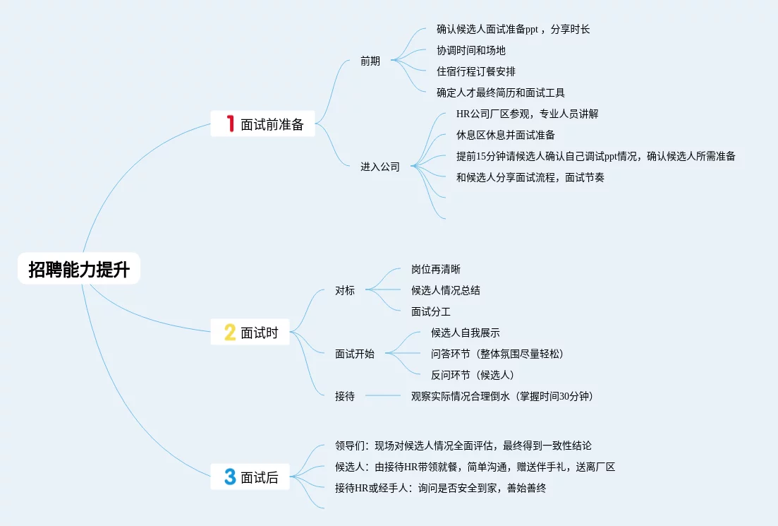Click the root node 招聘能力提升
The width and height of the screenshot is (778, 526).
[x=79, y=269]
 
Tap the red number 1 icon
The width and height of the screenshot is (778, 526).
[x=230, y=124]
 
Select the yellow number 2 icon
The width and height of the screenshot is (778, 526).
[x=230, y=333]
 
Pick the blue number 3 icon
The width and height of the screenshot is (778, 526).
[x=230, y=477]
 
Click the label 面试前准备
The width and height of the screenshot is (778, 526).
[x=272, y=125]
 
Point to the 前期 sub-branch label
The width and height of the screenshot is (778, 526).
[x=370, y=61]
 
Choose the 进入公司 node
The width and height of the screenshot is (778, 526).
[x=380, y=167]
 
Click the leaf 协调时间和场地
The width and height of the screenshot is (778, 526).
[x=471, y=50]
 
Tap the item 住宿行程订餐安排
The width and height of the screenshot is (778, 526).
[x=476, y=71]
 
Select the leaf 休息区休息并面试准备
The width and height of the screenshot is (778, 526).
[x=506, y=135]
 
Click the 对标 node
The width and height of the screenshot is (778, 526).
[x=345, y=290]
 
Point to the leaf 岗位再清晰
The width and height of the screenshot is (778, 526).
[x=436, y=269]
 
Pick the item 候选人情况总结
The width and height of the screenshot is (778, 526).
[x=446, y=290]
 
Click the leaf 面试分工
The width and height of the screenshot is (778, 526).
[x=431, y=311]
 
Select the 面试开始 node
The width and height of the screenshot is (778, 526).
[x=355, y=354]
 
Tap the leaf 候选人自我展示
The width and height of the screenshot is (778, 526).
[x=466, y=333]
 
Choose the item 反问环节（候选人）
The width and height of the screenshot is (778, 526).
[x=473, y=375]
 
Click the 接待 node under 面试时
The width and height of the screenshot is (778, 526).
[x=345, y=396]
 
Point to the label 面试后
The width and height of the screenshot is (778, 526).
[x=260, y=478]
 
